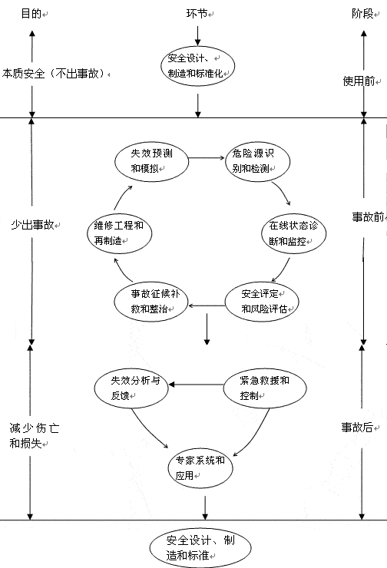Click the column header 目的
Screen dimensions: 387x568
(x=31, y=14)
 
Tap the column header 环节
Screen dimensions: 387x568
(x=197, y=14)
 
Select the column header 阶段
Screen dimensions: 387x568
(x=362, y=14)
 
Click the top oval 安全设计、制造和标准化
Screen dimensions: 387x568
(x=198, y=66)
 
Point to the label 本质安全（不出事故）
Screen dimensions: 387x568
(x=54, y=74)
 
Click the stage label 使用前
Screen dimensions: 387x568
(x=359, y=81)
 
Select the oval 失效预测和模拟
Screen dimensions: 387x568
(x=152, y=161)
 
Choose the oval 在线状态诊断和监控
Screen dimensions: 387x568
(x=294, y=233)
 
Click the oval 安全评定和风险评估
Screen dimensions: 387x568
(x=262, y=302)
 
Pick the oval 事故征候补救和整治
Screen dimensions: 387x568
(x=150, y=302)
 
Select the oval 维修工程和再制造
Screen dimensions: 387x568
(x=120, y=233)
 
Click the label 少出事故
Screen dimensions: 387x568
(x=32, y=225)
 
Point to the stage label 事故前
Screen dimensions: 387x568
(x=368, y=217)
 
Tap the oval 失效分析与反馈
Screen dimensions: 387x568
(x=131, y=388)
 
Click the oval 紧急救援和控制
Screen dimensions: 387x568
(x=265, y=388)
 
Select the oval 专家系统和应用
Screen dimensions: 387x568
(x=200, y=468)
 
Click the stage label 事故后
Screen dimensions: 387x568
(x=357, y=428)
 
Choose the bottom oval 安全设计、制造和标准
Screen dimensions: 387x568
(x=200, y=548)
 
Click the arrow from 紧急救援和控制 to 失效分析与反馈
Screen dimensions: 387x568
(x=196, y=385)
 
